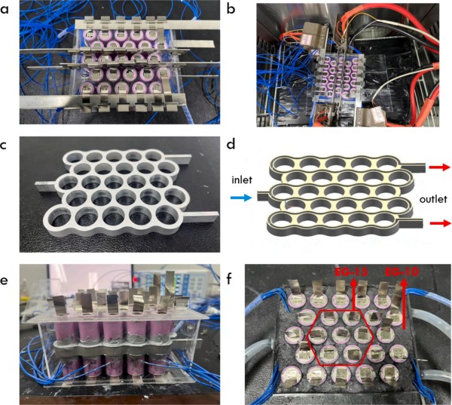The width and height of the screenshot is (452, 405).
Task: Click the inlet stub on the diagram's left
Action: (261, 195)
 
